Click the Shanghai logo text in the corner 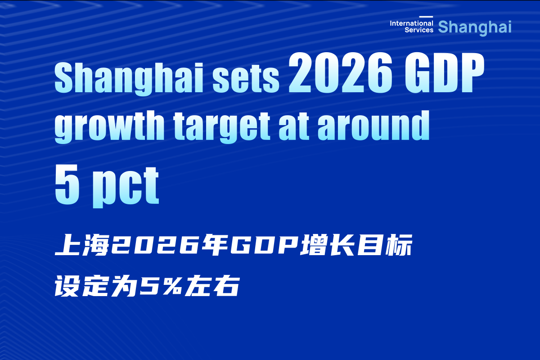click(x=475, y=27)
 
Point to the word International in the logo click(x=412, y=23)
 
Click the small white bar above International click(x=426, y=17)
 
